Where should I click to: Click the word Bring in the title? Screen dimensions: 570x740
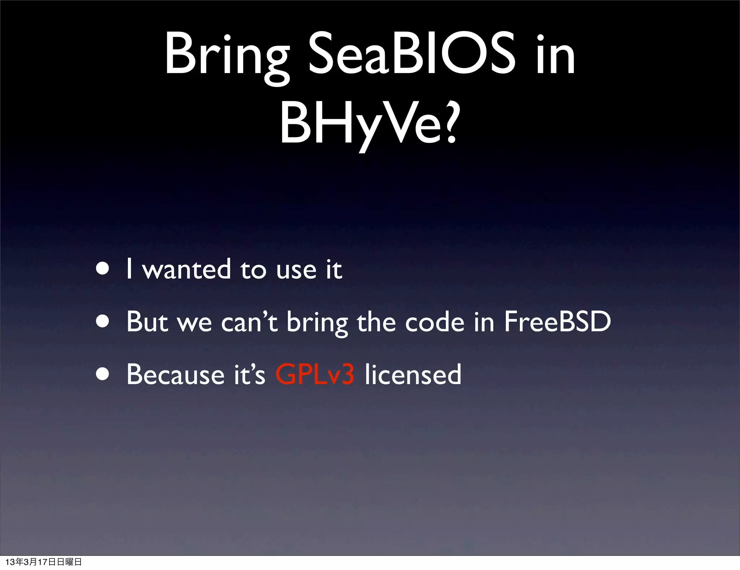point(227,54)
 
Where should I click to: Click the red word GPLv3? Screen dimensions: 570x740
point(314,374)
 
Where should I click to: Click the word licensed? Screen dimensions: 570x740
point(413,374)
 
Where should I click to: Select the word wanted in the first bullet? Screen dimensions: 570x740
point(186,269)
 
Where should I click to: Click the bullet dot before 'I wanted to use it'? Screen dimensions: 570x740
point(103,269)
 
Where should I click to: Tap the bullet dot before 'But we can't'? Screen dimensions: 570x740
point(103,321)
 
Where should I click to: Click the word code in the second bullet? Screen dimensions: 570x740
point(434,322)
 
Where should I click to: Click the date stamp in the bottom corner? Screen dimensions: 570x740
point(43,562)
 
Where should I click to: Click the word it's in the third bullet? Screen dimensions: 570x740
point(249,374)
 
